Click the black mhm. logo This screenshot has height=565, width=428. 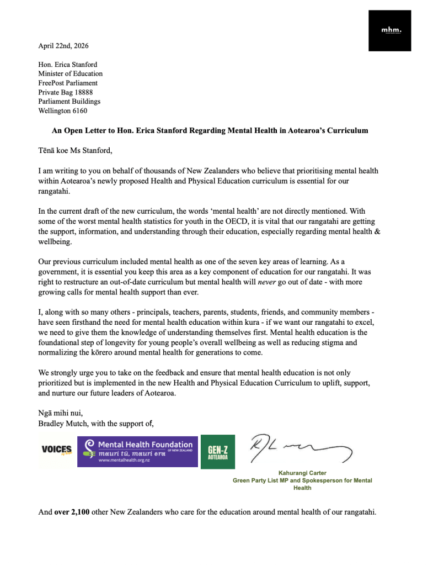390,30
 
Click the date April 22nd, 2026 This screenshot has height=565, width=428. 63,46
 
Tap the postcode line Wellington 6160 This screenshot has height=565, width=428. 62,111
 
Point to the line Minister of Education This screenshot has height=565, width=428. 70,73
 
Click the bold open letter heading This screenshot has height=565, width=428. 210,131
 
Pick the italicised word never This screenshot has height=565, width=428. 267,283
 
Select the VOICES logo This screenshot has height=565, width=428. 56,450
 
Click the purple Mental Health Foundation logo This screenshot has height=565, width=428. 137,451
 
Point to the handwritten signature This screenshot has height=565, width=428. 301,448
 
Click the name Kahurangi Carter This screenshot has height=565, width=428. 302,473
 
